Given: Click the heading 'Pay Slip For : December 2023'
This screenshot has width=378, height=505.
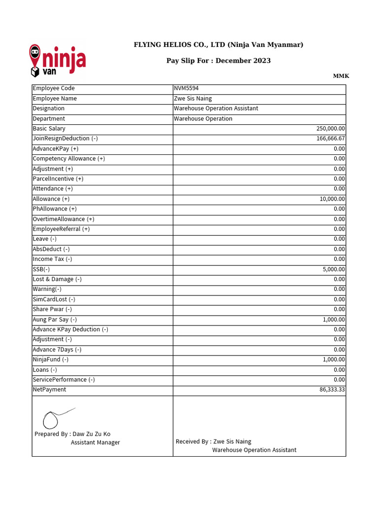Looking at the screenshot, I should pyautogui.click(x=219, y=61).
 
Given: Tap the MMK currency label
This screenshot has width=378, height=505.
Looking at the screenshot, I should pyautogui.click(x=341, y=76).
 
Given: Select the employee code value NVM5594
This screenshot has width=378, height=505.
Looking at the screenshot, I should pyautogui.click(x=186, y=88).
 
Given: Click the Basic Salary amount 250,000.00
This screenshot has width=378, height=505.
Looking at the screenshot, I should pyautogui.click(x=330, y=129).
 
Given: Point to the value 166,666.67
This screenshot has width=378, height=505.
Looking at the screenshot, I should pyautogui.click(x=330, y=139).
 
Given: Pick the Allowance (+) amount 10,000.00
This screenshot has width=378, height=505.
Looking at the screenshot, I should pyautogui.click(x=332, y=199).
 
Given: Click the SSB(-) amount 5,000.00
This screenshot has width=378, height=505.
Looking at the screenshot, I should pyautogui.click(x=334, y=269).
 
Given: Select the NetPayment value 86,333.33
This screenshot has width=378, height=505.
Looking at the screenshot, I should pyautogui.click(x=332, y=390).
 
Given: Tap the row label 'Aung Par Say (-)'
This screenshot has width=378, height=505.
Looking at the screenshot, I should pyautogui.click(x=55, y=320).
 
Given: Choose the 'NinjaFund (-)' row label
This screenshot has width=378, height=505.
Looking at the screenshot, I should pyautogui.click(x=50, y=360).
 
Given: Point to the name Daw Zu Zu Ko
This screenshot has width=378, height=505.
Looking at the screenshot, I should pyautogui.click(x=92, y=434).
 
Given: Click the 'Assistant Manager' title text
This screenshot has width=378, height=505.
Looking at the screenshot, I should pyautogui.click(x=95, y=442).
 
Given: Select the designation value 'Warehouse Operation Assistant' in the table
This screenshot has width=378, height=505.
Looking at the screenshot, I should pyautogui.click(x=216, y=108).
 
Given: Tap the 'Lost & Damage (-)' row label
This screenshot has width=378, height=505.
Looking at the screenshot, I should pyautogui.click(x=57, y=279).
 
